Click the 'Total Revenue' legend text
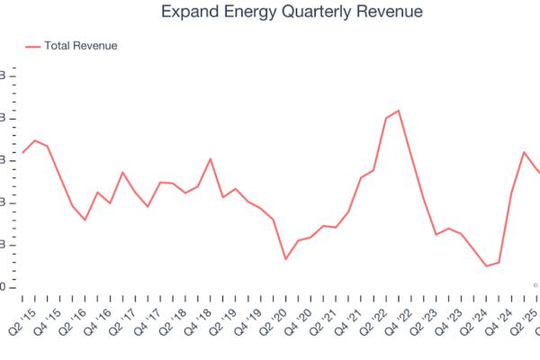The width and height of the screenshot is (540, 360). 81,46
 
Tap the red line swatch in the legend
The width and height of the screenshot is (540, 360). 32,46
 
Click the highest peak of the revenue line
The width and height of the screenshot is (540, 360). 398,111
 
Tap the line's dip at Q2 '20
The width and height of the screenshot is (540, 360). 261,259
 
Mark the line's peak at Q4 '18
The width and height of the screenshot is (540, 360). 211,159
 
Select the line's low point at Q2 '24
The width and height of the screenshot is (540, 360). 486,266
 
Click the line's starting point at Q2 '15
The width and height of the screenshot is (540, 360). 22,152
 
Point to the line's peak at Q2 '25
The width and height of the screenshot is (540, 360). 524,152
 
